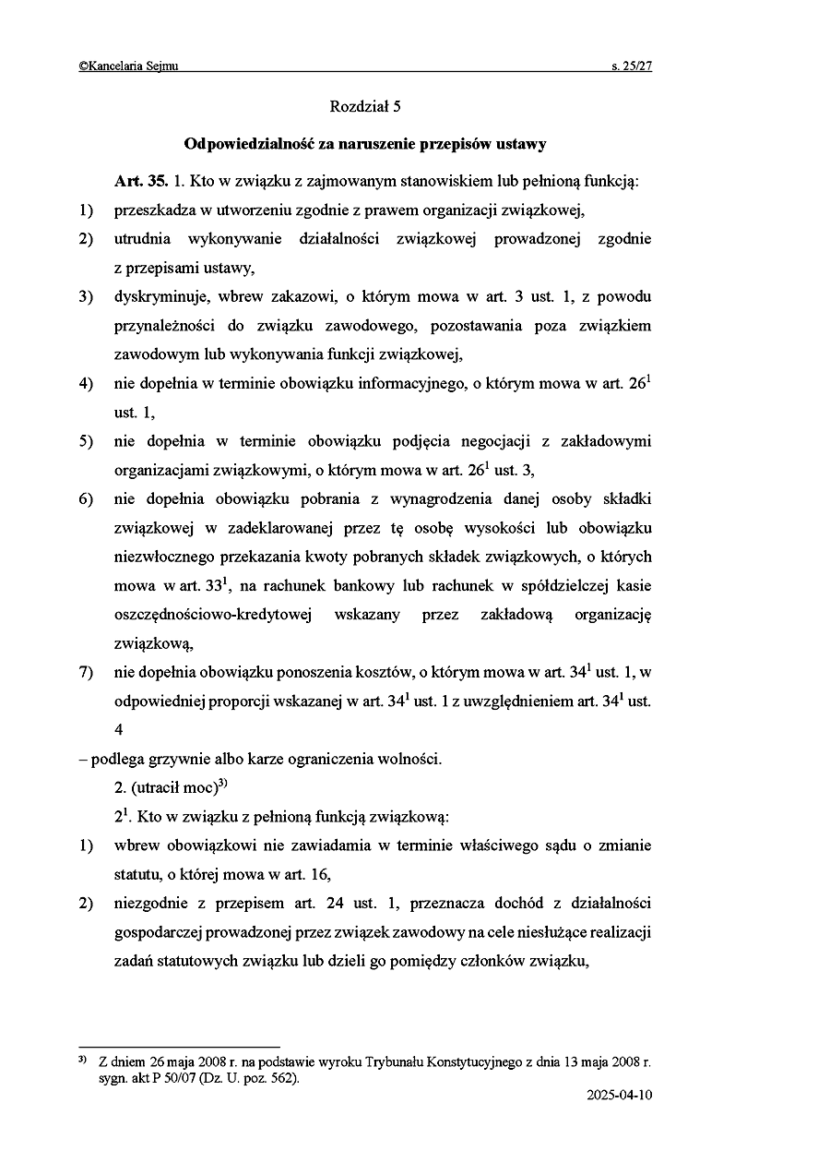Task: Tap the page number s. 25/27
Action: [x=631, y=66]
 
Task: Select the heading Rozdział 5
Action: [x=365, y=107]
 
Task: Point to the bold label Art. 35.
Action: [x=140, y=182]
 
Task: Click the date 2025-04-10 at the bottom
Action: [x=618, y=1097]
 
